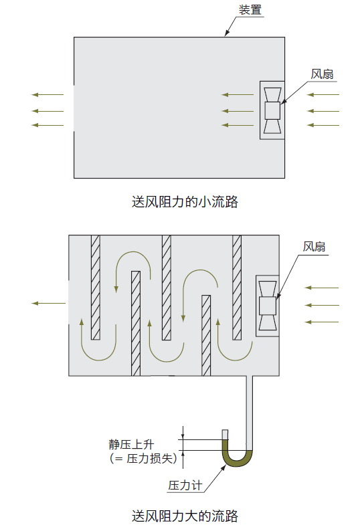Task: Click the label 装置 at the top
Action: click(x=250, y=9)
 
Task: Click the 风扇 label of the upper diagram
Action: click(x=322, y=74)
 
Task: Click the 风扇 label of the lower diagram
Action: click(x=314, y=247)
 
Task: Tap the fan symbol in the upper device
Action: click(x=272, y=110)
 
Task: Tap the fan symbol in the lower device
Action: click(x=268, y=306)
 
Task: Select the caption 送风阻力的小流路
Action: click(x=185, y=202)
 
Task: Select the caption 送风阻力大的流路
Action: click(x=185, y=516)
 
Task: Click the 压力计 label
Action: click(x=185, y=486)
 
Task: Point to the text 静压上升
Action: click(x=131, y=444)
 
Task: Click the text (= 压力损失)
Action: click(x=143, y=458)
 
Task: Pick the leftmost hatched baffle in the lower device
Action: click(x=96, y=288)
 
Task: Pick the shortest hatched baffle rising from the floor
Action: click(x=206, y=336)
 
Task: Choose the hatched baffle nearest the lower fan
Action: click(x=237, y=288)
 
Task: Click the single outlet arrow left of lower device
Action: click(x=49, y=303)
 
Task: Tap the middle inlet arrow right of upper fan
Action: click(x=323, y=111)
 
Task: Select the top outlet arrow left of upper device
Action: click(x=48, y=95)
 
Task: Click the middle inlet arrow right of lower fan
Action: click(x=322, y=305)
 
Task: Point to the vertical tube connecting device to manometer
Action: click(x=250, y=413)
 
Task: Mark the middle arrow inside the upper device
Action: click(x=238, y=111)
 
